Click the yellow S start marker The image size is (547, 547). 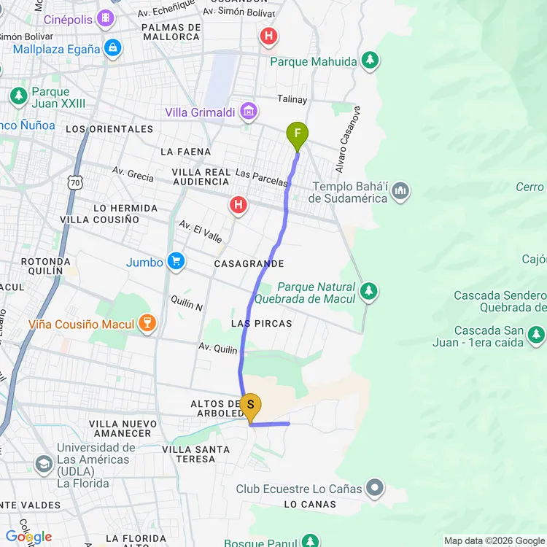[250, 406]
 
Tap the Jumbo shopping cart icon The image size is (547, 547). [176, 262]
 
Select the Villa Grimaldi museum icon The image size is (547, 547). [249, 112]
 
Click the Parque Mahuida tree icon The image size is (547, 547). [371, 61]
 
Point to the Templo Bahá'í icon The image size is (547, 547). [400, 192]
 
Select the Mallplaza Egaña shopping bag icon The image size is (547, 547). [112, 49]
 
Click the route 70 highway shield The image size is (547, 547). [74, 184]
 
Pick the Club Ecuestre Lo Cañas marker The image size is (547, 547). [375, 489]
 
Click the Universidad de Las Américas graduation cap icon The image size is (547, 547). [43, 464]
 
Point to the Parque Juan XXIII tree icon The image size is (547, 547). [18, 96]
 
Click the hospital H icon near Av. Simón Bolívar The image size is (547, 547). [268, 35]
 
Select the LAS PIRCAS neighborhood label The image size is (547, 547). [261, 323]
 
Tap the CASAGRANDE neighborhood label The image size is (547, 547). [249, 263]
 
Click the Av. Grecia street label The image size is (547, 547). [133, 174]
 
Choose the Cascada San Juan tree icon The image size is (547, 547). [536, 335]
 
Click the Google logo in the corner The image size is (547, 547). [28, 537]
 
